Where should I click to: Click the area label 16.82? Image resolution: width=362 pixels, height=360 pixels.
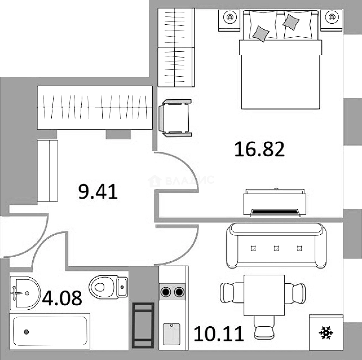point(260,149)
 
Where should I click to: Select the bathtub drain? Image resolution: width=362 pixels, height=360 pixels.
point(26,332)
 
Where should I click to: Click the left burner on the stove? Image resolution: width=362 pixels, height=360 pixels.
point(166,292)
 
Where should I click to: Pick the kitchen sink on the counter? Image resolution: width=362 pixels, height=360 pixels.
point(171,334)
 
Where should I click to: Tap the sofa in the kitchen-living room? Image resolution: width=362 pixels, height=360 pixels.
point(276,245)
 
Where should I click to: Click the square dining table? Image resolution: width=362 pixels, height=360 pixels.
point(264,295)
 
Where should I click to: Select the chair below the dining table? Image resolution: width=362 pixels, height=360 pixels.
point(264,327)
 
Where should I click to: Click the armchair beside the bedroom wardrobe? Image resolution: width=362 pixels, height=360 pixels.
point(175,118)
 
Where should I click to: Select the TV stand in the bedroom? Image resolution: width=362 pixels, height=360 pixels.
point(275,203)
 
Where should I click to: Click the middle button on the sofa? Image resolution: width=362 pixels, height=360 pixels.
point(276,248)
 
